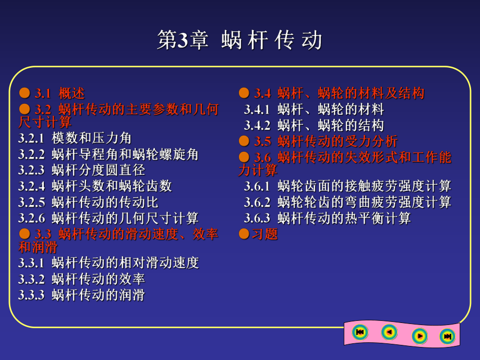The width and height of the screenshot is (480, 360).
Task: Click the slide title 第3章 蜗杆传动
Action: (239, 40)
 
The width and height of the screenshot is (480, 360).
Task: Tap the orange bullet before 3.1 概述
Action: (24, 93)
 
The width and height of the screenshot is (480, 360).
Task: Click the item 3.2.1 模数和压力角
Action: (75, 138)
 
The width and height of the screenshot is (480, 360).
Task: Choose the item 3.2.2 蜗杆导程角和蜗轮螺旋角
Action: (108, 154)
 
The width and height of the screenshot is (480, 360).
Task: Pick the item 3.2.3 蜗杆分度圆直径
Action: (81, 170)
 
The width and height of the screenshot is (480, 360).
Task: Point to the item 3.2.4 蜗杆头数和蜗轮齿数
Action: (95, 186)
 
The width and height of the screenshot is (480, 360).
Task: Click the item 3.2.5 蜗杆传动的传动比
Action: (88, 202)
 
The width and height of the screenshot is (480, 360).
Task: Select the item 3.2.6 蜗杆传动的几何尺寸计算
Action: (108, 218)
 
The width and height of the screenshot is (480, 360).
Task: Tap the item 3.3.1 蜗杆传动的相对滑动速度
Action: (108, 263)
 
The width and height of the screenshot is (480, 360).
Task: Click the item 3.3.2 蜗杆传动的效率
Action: (81, 279)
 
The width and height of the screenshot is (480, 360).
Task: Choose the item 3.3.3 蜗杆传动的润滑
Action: (81, 295)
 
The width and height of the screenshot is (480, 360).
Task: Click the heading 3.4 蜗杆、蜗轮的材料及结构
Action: (339, 93)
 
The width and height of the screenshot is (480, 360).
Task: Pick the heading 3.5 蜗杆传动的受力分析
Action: (326, 141)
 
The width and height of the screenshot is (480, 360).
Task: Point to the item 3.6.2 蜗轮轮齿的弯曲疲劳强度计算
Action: (347, 202)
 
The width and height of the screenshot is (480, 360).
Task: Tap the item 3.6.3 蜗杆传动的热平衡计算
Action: (327, 218)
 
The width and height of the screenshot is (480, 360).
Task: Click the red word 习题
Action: (265, 234)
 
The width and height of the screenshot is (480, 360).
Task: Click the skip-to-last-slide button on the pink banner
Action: (447, 336)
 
